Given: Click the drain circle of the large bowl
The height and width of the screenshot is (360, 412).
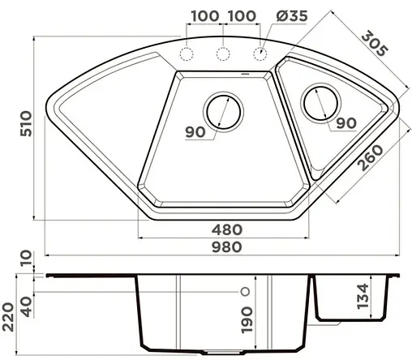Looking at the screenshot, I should pyautogui.click(x=222, y=111).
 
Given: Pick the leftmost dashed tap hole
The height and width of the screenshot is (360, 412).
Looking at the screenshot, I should pyautogui.click(x=186, y=54).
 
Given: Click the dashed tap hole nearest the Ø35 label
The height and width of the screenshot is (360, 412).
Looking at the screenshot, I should pyautogui.click(x=261, y=54).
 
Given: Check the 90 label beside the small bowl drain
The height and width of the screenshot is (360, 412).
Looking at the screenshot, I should pyautogui.click(x=346, y=123).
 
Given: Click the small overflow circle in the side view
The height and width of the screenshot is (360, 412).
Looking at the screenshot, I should pyautogui.click(x=242, y=289).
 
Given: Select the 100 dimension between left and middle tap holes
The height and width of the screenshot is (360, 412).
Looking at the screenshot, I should pyautogui.click(x=206, y=16).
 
